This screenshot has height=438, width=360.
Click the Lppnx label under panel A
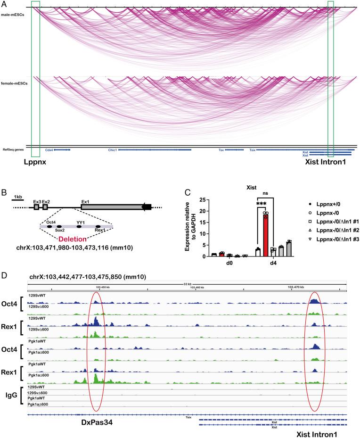[36, 167]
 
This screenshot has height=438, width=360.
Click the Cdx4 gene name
[49, 150]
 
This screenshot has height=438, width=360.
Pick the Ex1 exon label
[85, 202]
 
